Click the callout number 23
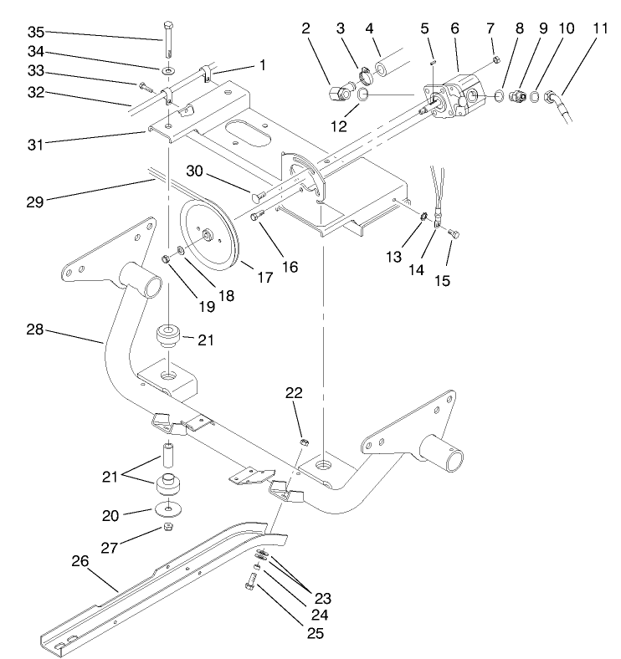coord(322,599)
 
